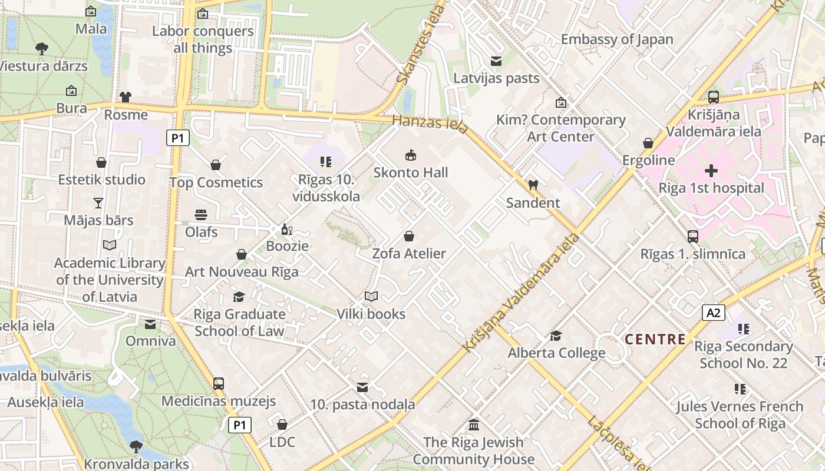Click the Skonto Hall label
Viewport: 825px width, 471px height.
(x=411, y=173)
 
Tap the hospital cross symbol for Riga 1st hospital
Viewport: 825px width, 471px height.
(x=711, y=171)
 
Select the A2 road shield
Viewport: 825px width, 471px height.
(x=713, y=312)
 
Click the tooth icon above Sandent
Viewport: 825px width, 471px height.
(x=533, y=185)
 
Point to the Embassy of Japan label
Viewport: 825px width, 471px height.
(x=617, y=39)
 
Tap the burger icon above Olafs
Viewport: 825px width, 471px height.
(x=201, y=215)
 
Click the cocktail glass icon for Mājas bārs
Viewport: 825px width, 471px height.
(x=98, y=203)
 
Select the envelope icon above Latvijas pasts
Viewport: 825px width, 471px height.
(x=496, y=61)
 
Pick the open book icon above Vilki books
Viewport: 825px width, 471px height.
(x=371, y=296)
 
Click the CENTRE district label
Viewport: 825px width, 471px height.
(x=655, y=340)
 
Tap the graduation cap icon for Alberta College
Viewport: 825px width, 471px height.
(x=556, y=336)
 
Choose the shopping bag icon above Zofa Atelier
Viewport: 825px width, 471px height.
(x=409, y=237)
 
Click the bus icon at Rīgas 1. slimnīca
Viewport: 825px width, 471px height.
(x=693, y=237)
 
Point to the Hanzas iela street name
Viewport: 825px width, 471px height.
(x=431, y=124)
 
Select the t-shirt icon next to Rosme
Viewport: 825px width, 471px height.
(x=126, y=97)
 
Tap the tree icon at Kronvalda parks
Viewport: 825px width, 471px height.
(x=136, y=446)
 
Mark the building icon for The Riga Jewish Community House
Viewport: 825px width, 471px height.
(x=474, y=424)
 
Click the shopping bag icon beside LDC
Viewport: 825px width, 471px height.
(x=282, y=424)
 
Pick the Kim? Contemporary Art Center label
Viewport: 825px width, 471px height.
(x=560, y=128)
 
